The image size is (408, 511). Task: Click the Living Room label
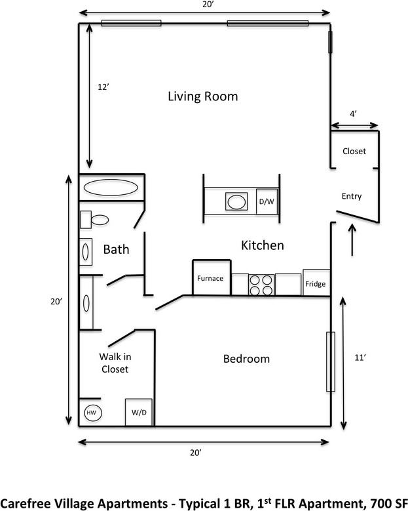point(203,97)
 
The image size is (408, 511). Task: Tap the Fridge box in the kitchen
point(316,283)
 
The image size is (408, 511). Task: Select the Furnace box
point(212,277)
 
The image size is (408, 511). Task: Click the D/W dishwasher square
point(267,201)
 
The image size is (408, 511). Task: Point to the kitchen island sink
point(236,201)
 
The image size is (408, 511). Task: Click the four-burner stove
point(261,285)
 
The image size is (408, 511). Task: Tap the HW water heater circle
point(93,413)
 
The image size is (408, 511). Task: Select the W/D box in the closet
point(139,412)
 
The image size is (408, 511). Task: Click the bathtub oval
point(111,188)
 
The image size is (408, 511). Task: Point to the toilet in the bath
point(94,220)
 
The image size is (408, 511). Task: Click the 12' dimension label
point(103,87)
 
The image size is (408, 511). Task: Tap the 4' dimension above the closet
point(354,113)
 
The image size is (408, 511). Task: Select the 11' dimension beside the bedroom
point(360,358)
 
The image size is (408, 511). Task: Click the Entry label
point(352,196)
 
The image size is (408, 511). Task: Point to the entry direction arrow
point(352,239)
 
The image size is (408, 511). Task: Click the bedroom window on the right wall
point(331,361)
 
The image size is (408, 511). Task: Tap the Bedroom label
point(246,359)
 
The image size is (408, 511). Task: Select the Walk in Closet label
point(115,363)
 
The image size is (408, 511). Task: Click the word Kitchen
point(263,245)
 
